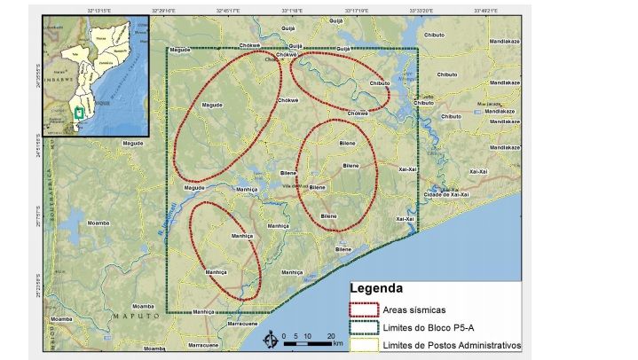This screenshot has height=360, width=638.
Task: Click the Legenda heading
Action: click(x=376, y=288)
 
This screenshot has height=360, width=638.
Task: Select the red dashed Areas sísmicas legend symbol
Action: click(x=363, y=309)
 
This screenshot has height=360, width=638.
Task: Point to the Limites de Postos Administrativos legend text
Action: click(x=452, y=345)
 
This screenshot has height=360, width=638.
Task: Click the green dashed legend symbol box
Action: click(x=363, y=327)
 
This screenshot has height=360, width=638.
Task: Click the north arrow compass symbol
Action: click(x=270, y=340)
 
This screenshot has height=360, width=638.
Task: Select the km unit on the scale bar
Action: click(x=337, y=344)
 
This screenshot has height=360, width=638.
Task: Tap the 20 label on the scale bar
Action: click(x=330, y=336)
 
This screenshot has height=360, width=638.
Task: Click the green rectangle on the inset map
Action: click(x=80, y=112)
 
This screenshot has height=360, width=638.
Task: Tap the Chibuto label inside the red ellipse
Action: click(x=379, y=83)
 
